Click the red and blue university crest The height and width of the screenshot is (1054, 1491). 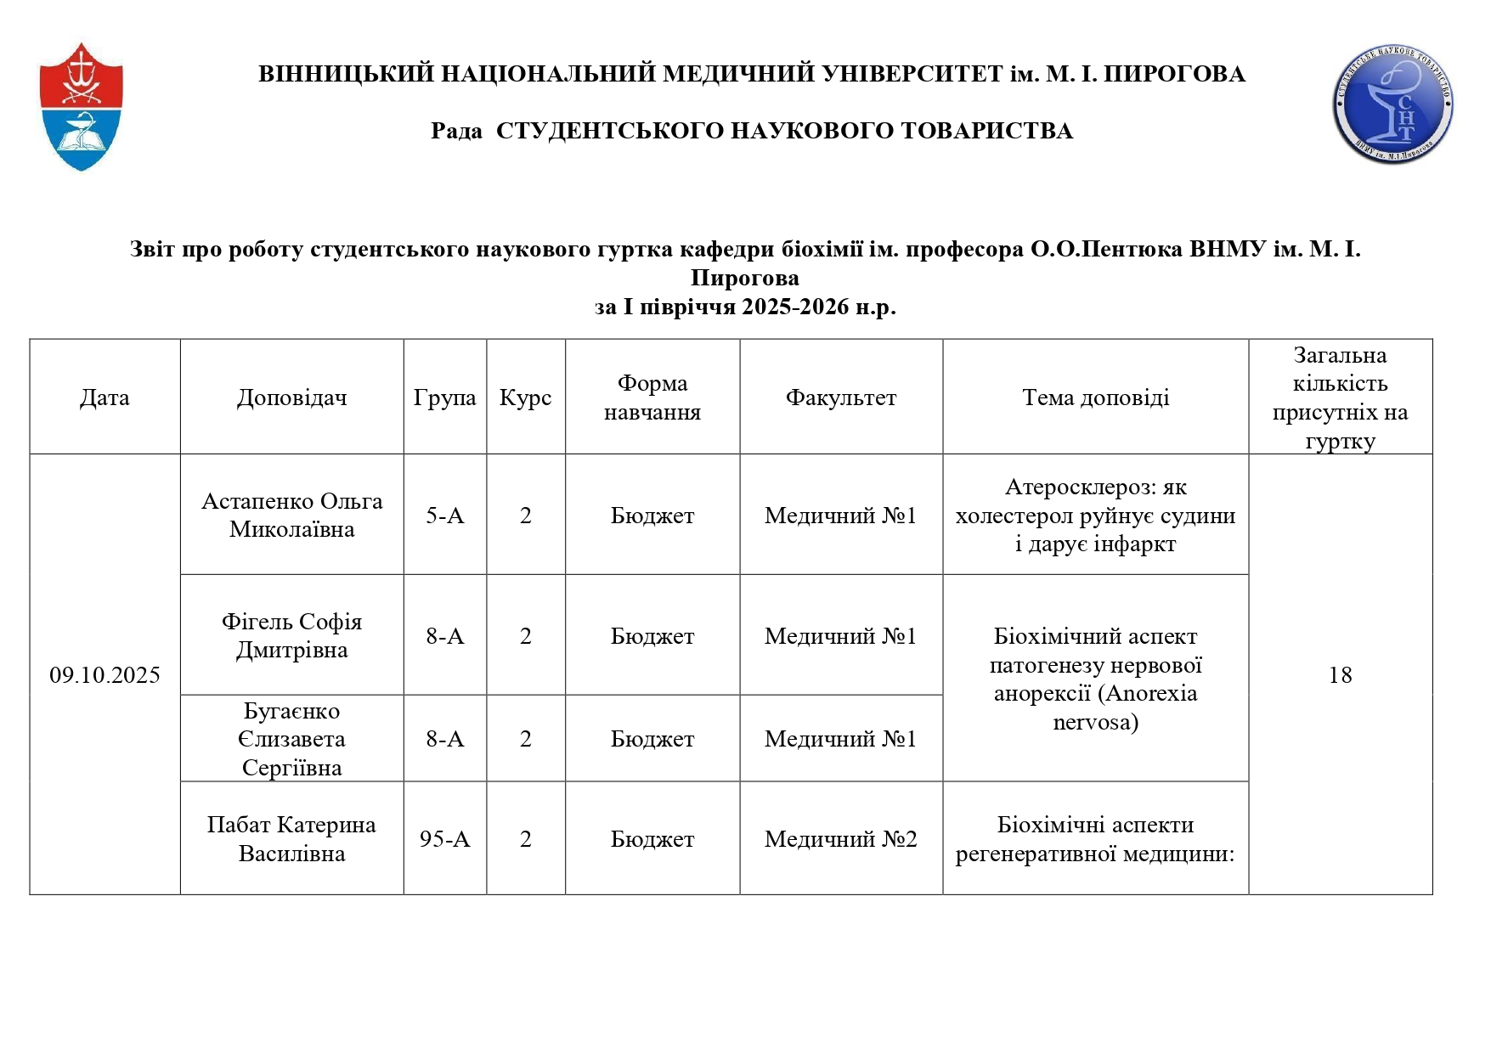click(x=82, y=107)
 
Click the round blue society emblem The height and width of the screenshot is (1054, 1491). click(x=1392, y=104)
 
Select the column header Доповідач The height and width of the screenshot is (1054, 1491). click(x=291, y=397)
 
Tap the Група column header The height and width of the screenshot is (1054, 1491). click(x=444, y=397)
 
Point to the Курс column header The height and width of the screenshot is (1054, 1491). click(x=525, y=397)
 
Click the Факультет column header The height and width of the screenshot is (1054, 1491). click(x=840, y=397)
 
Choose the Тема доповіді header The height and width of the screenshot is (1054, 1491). click(x=1095, y=397)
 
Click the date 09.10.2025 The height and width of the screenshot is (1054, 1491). click(x=104, y=675)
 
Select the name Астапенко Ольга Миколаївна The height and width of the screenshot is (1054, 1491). click(x=291, y=516)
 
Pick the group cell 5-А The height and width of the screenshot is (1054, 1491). click(x=444, y=516)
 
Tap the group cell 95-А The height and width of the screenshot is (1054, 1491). click(x=444, y=839)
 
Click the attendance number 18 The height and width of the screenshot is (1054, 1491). click(x=1340, y=675)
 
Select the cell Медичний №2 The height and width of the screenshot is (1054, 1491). click(x=840, y=839)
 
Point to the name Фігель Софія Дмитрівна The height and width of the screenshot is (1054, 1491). click(x=291, y=636)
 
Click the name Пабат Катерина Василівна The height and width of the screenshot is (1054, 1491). click(x=291, y=839)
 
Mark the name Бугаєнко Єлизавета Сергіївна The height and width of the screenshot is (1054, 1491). click(x=291, y=739)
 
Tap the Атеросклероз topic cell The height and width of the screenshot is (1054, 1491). click(x=1095, y=516)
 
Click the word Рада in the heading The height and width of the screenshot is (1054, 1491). click(x=456, y=131)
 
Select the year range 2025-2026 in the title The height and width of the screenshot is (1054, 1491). click(x=795, y=307)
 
